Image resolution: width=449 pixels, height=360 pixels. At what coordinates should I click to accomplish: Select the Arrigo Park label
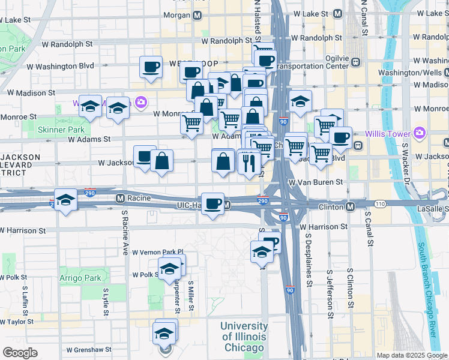coord(80,278)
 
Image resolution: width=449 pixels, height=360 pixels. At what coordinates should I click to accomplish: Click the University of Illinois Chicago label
coord(243,337)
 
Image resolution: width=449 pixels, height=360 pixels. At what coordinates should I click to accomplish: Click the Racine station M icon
coord(120,197)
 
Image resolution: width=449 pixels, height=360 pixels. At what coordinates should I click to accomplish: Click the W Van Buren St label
coord(315,182)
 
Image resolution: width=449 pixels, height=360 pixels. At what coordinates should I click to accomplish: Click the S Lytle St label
coord(105,298)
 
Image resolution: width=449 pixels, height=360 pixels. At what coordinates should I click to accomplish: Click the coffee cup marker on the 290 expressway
coord(213,204)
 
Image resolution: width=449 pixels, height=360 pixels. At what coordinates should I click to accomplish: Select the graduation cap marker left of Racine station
coord(65,200)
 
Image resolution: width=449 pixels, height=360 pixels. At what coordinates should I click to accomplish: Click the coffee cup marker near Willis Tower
coord(340,137)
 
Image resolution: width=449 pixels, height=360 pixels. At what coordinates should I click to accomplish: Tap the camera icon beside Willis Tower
coord(420,132)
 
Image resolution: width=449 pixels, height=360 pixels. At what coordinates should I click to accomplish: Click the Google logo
coord(20,353)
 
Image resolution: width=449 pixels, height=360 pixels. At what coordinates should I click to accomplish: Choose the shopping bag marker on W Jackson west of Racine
coord(162,161)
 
